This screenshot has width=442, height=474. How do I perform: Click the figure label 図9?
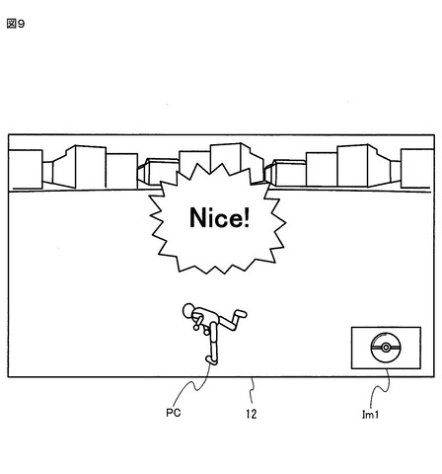coord(16,24)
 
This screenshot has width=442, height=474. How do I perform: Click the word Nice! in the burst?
coord(220,217)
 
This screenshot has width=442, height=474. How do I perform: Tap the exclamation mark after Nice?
coord(247,217)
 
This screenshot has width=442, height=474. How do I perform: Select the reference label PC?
coord(174,413)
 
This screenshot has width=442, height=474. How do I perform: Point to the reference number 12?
coord(252,414)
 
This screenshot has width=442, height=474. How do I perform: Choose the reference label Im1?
coord(370,414)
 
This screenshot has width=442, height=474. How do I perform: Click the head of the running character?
coord(188,310)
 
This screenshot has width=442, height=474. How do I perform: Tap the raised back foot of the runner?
coord(240,313)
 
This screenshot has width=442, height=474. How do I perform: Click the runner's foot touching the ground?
coord(211,359)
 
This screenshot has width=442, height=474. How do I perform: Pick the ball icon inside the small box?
coord(386,348)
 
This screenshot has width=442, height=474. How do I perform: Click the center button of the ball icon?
coord(386,348)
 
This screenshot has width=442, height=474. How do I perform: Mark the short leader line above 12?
coord(253,390)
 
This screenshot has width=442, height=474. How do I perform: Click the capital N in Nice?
coord(198,217)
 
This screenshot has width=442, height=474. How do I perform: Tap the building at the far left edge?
coord(26,169)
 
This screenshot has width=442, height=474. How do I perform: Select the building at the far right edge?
coord(417,169)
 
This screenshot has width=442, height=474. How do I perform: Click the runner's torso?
coord(205,316)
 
